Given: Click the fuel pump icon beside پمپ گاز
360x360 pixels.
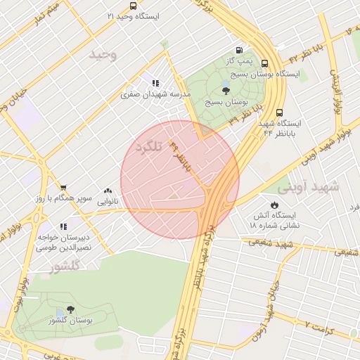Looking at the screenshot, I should pyautogui.click(x=239, y=51).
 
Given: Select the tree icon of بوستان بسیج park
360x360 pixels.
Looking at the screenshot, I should pyautogui.click(x=225, y=90).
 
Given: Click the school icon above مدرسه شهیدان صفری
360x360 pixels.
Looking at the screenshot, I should pyautogui.click(x=155, y=83).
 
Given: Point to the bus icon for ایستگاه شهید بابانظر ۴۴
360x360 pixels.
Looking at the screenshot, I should pyautogui.click(x=281, y=112).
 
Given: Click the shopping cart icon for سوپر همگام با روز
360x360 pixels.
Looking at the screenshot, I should pyautogui.click(x=63, y=188).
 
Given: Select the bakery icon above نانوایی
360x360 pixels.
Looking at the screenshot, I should pyautogui.click(x=108, y=191).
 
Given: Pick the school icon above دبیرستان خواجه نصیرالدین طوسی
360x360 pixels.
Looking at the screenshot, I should pyautogui.click(x=63, y=226).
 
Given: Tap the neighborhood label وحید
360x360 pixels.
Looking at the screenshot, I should pyautogui.click(x=103, y=54).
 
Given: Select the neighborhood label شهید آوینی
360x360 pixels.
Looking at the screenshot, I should pyautogui.click(x=308, y=188).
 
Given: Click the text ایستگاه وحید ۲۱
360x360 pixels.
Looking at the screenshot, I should pyautogui.click(x=134, y=15).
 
